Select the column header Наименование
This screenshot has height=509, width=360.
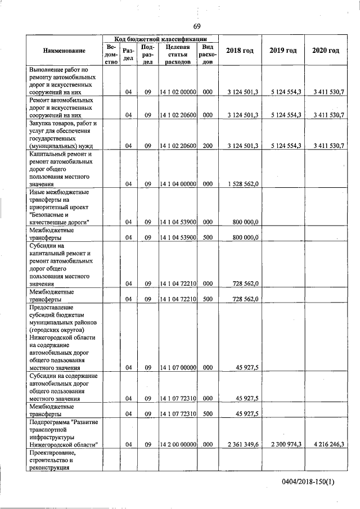pyautogui.click(x=64, y=51)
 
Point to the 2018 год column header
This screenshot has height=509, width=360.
pyautogui.click(x=240, y=51)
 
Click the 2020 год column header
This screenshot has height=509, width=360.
pyautogui.click(x=326, y=51)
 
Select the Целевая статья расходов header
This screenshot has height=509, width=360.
pyautogui.click(x=178, y=55)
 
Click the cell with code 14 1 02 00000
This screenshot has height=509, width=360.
pyautogui.click(x=177, y=92)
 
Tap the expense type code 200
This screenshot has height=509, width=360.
pyautogui.click(x=208, y=146)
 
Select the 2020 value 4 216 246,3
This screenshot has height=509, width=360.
pyautogui.click(x=326, y=444)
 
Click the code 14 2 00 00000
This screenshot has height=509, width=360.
pyautogui.click(x=177, y=444)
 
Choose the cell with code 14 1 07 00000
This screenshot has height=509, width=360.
pyautogui.click(x=177, y=368)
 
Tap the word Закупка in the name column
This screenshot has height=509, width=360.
pyautogui.click(x=42, y=123)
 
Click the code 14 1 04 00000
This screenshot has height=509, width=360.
pyautogui.click(x=177, y=184)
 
